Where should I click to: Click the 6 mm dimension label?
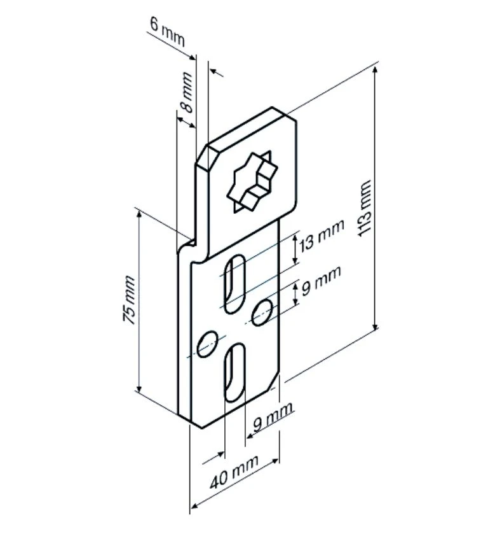pos(167,31)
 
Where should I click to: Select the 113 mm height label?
pos(365,207)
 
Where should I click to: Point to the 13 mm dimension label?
pos(322,234)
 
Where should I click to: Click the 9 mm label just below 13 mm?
pos(321,280)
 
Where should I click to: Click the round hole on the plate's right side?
pos(262,311)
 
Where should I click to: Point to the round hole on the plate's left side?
pos(208,344)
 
